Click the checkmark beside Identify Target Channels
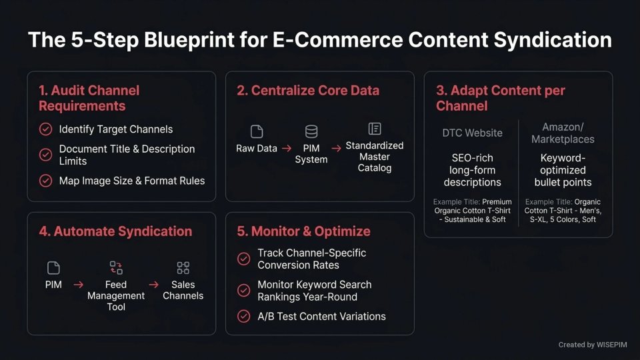(x=45, y=129)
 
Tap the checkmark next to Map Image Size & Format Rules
(x=45, y=181)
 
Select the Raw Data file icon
(x=257, y=131)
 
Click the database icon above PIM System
(x=311, y=131)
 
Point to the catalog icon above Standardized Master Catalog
(x=375, y=128)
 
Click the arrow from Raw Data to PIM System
(x=286, y=149)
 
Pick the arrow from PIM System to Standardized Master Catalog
(x=336, y=149)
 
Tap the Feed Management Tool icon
(x=116, y=268)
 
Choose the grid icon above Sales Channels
(x=183, y=268)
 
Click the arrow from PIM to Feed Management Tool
(x=79, y=285)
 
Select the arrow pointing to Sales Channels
(x=153, y=285)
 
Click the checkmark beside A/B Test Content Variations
(x=244, y=317)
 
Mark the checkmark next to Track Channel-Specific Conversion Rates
(x=244, y=259)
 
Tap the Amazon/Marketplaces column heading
(x=563, y=133)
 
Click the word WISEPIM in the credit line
(x=613, y=345)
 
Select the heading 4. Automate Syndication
(x=115, y=231)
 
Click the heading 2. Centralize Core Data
(x=308, y=91)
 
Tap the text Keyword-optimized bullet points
(x=563, y=171)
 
